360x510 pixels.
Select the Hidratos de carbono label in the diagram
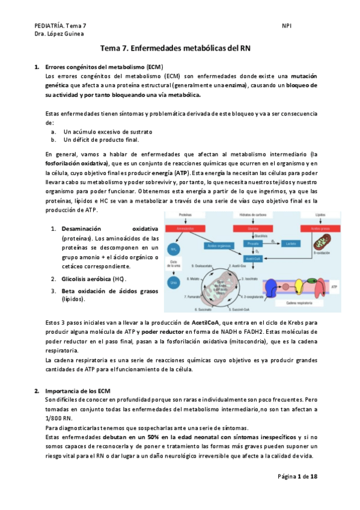tap(252, 214)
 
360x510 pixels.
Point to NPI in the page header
tap(287, 26)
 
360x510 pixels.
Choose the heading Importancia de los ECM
tap(77, 390)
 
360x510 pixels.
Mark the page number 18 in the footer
tap(322, 476)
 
